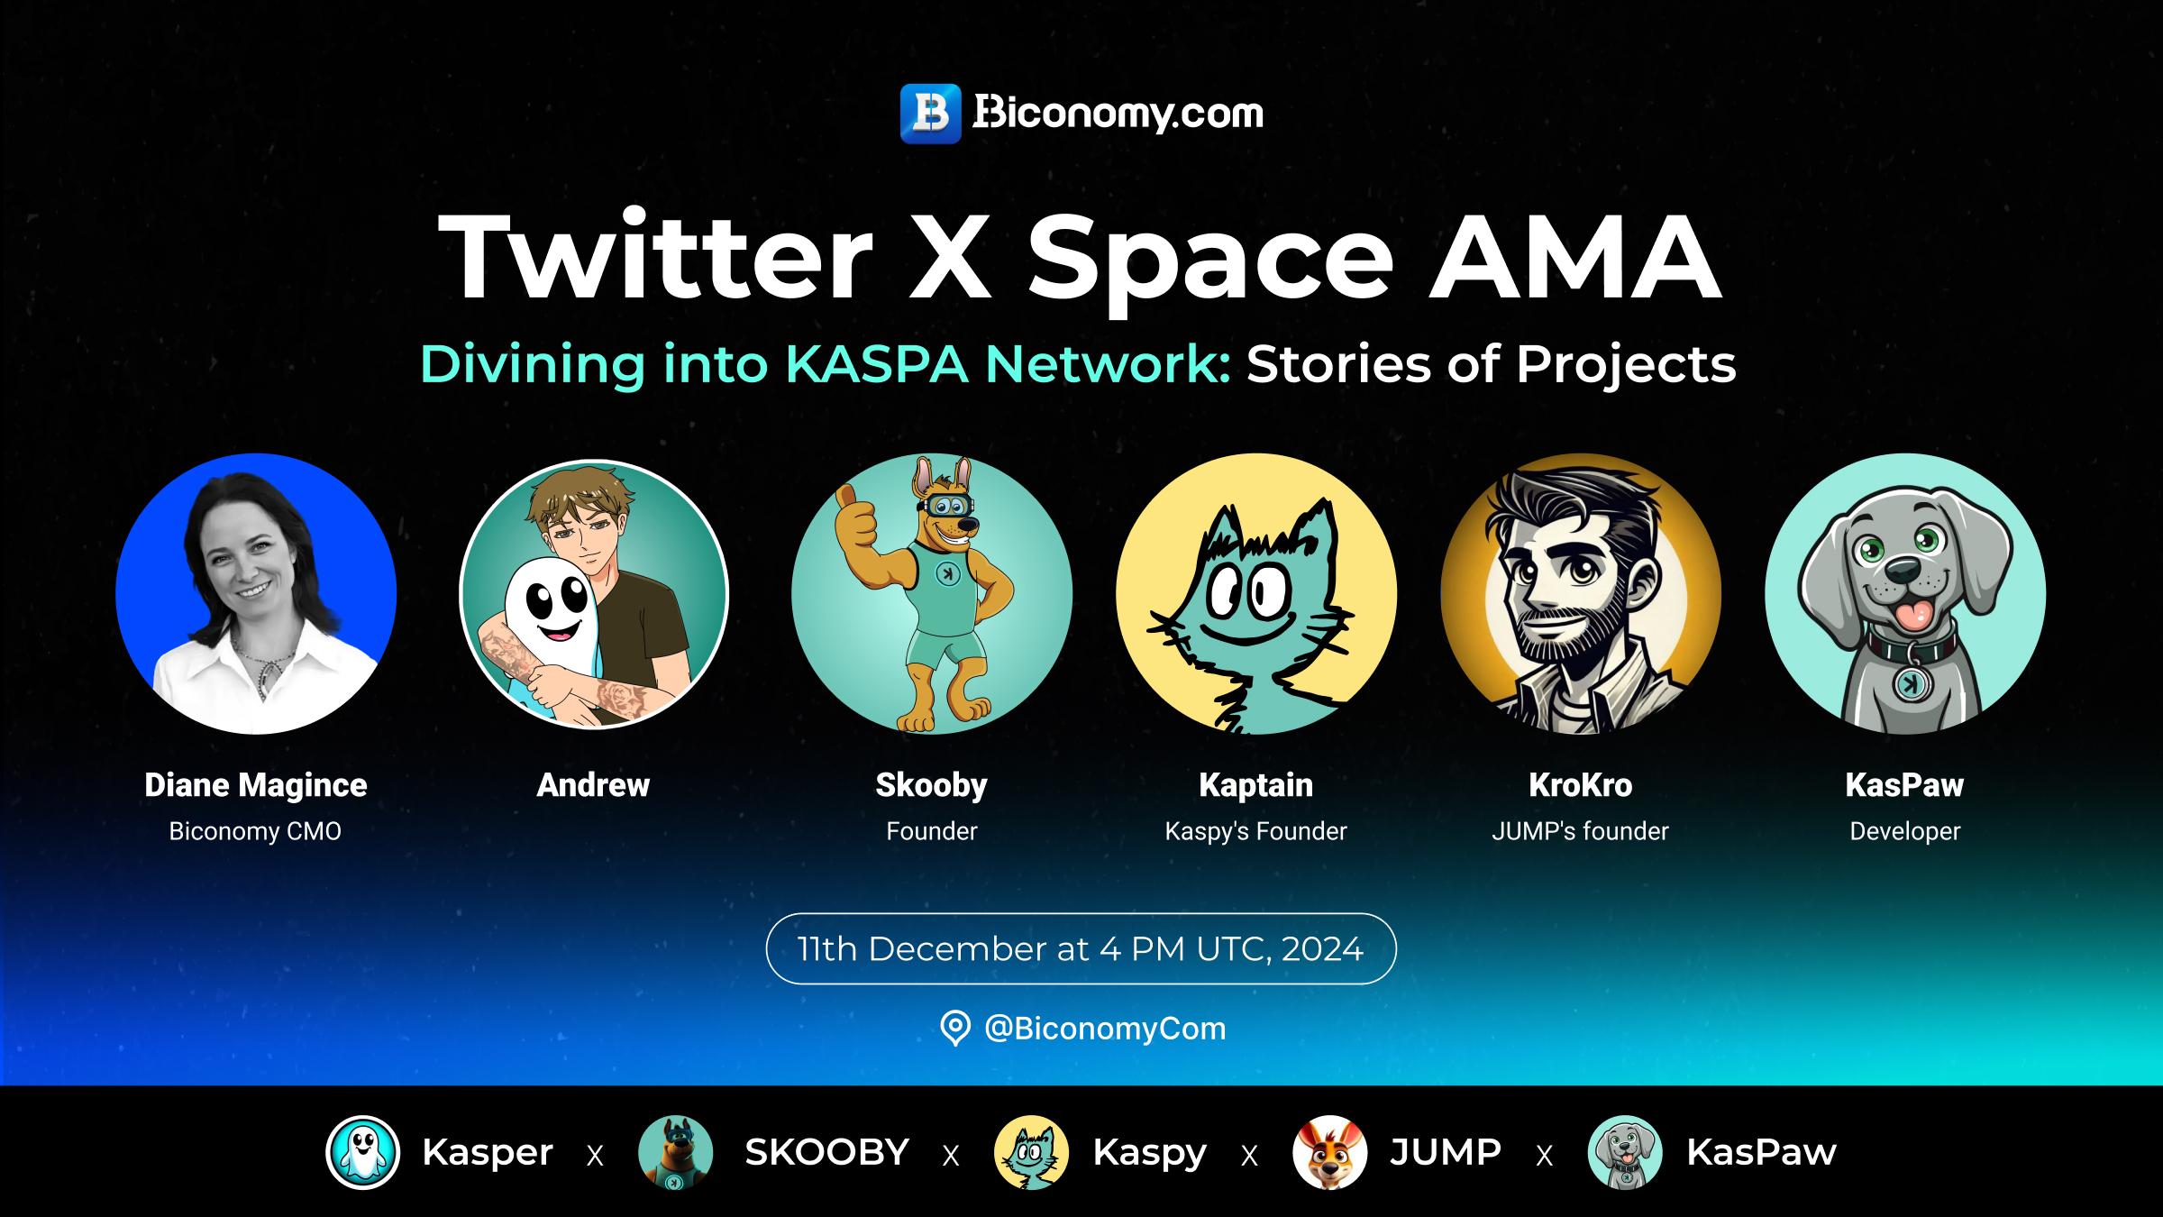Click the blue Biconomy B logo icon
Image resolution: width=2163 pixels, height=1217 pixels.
point(931,114)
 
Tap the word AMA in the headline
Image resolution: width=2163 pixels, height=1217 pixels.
point(1576,258)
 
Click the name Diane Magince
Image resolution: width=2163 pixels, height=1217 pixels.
point(256,785)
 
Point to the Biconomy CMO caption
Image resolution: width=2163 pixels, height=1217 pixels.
point(255,831)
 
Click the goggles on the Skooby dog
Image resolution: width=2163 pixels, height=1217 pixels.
point(946,506)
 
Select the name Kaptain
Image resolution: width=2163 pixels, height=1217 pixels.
point(1256,785)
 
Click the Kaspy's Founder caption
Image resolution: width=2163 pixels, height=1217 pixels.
point(1256,831)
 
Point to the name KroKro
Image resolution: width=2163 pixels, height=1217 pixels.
point(1581,785)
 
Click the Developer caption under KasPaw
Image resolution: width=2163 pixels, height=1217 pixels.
point(1905,831)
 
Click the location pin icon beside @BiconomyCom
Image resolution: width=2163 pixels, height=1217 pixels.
point(955,1028)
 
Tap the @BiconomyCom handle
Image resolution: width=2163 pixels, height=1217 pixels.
point(1106,1029)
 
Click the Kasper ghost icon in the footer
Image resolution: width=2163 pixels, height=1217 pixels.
point(363,1152)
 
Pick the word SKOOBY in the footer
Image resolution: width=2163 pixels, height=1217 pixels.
point(827,1152)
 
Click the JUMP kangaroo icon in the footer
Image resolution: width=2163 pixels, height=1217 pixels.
point(1329,1152)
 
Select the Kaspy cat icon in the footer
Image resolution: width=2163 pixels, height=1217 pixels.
point(1032,1152)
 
